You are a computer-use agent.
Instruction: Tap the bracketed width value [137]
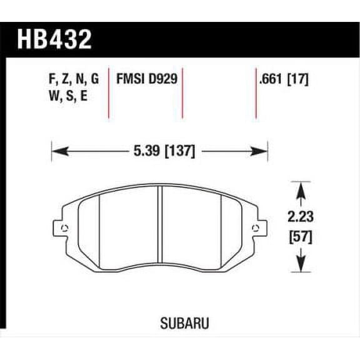tap(180, 151)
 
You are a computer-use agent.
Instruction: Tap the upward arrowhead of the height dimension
tap(301, 187)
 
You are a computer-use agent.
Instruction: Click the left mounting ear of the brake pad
tap(61, 227)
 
